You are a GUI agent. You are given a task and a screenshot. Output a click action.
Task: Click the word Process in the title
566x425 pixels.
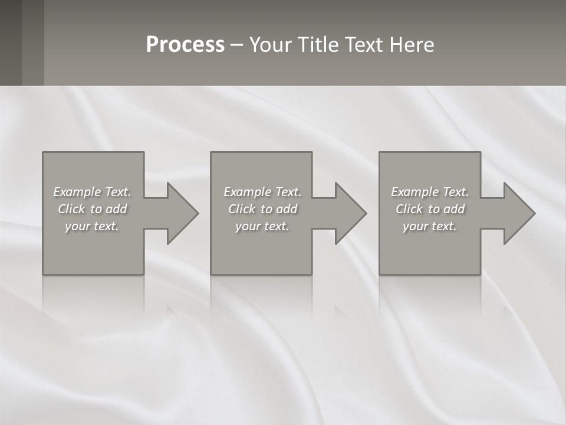pyautogui.click(x=185, y=44)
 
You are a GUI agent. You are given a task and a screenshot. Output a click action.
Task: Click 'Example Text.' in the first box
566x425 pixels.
pyautogui.click(x=93, y=192)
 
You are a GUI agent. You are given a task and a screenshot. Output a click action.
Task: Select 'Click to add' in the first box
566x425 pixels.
pyautogui.click(x=93, y=209)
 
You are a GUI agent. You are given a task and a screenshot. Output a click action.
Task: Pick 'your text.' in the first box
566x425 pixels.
pyautogui.click(x=93, y=226)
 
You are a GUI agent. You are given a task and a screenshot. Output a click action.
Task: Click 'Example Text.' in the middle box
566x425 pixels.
pyautogui.click(x=262, y=192)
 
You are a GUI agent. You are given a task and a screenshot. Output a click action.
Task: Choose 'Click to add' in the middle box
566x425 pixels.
pyautogui.click(x=262, y=209)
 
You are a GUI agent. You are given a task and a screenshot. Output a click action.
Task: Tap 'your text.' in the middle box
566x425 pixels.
pyautogui.click(x=262, y=226)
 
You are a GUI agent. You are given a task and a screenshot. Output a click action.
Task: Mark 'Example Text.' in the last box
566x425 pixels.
pyautogui.click(x=430, y=192)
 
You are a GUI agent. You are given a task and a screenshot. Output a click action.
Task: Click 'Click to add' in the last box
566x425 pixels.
pyautogui.click(x=430, y=209)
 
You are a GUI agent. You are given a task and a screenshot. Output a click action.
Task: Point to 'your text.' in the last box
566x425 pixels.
pyautogui.click(x=430, y=226)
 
